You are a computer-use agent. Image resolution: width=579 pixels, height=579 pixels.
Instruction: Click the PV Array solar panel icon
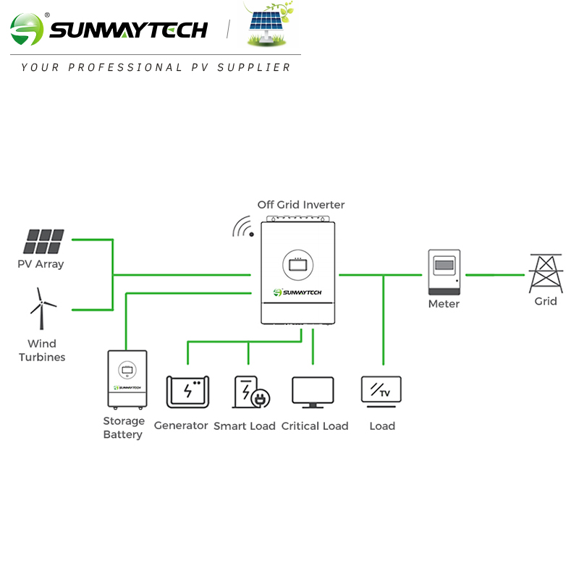click(x=45, y=242)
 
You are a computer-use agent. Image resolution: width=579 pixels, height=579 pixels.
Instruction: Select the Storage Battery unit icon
click(x=127, y=379)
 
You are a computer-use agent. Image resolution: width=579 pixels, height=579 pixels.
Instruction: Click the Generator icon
click(x=187, y=392)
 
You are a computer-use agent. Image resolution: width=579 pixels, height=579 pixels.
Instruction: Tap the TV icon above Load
click(x=381, y=391)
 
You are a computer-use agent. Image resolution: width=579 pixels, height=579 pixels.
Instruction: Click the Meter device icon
click(x=444, y=271)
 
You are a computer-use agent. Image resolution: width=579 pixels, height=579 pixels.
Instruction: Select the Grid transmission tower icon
click(x=545, y=273)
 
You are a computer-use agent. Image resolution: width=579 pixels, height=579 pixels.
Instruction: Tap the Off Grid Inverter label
click(x=301, y=205)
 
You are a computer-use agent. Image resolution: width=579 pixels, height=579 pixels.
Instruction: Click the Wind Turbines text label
click(x=42, y=350)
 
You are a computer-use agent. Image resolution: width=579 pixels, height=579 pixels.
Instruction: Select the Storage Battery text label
click(x=123, y=428)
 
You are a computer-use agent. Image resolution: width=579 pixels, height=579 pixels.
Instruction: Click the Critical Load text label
click(x=315, y=426)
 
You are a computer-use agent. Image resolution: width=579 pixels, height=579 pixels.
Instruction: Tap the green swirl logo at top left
click(x=27, y=30)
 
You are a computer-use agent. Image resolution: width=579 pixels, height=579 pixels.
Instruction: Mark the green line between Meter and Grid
click(x=494, y=275)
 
